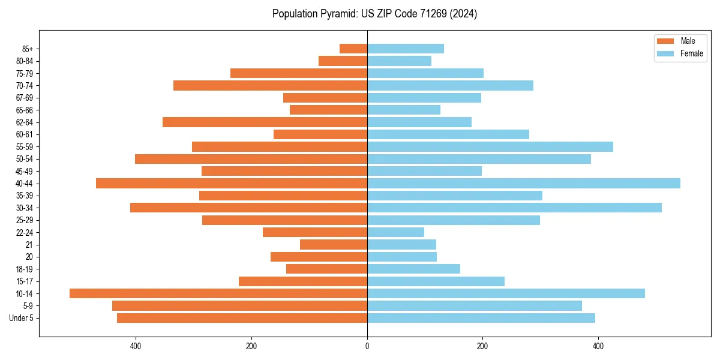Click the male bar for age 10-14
coord(218,293)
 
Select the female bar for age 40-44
coord(524,183)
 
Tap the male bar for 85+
coord(353,49)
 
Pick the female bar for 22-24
coord(396,232)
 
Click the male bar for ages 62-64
coord(265,122)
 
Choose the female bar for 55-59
coord(490,146)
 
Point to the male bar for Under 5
coord(242,318)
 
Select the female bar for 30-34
coord(514,208)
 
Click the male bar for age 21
coord(334,244)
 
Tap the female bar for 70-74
coord(450,85)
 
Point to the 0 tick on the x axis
coord(367,346)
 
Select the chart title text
coord(374,14)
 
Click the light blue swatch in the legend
coord(666,53)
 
